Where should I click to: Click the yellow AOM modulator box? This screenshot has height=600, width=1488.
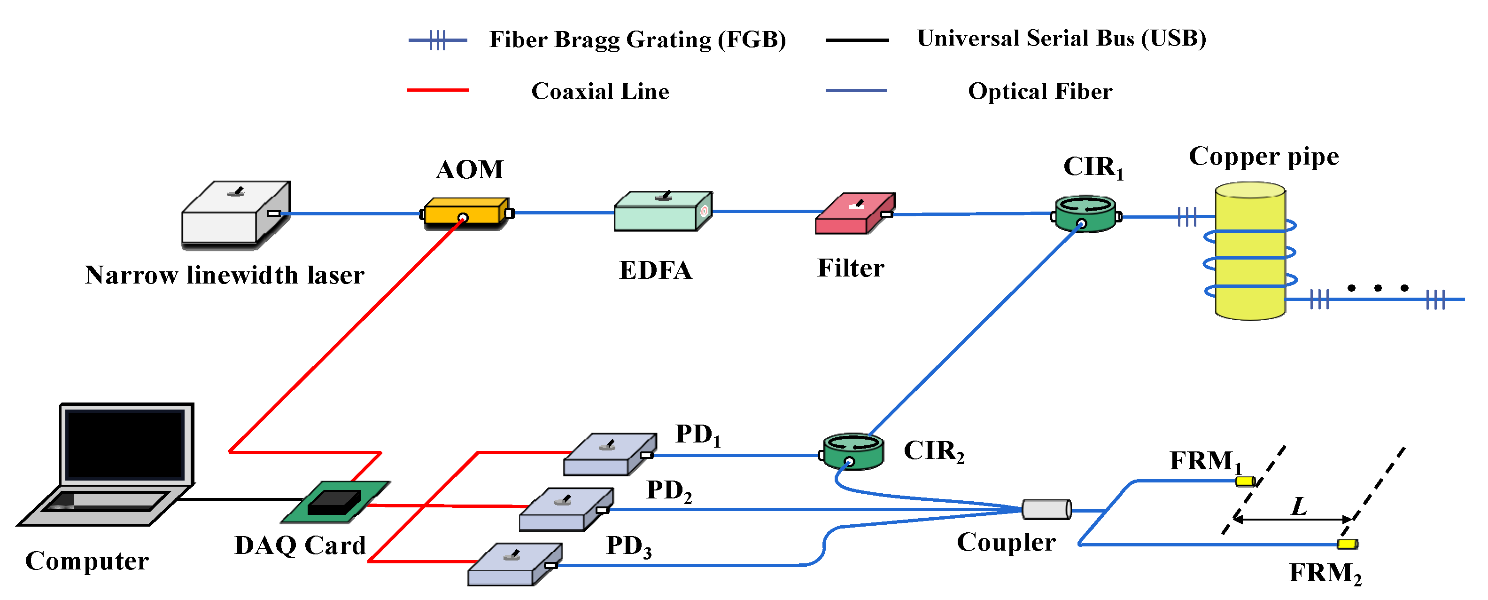coord(465,212)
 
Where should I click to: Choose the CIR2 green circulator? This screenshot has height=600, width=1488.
coord(852,451)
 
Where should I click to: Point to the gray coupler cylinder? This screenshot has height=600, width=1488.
coord(1046,509)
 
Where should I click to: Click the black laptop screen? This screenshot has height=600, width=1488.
coord(125,444)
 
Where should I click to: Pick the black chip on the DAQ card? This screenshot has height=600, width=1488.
coord(334,502)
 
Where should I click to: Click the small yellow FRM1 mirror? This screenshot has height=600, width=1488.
coord(1245,481)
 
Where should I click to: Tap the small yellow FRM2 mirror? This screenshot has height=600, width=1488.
coord(1347,544)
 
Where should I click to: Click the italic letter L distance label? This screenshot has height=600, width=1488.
coord(1299,506)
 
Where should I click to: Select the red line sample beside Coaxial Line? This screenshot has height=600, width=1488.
coord(437,90)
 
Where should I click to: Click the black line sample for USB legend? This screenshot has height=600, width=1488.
coord(857,40)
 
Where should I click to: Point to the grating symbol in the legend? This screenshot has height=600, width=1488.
coord(438,40)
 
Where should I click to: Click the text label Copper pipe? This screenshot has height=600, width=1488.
coord(1263,157)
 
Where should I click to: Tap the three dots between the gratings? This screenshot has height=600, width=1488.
coord(1378,288)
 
